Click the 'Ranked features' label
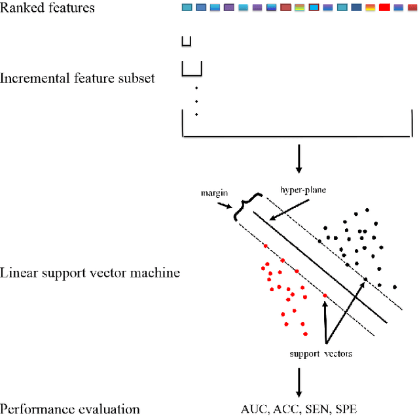[47, 9]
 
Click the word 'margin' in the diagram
[213, 194]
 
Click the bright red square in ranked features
[384, 8]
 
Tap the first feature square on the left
[187, 8]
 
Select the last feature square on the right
[412, 8]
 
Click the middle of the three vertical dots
[196, 101]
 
